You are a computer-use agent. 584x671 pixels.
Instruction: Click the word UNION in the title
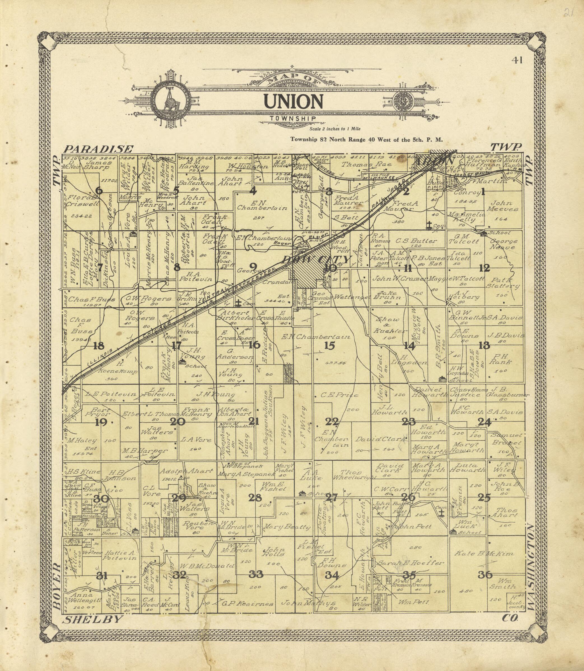click(x=293, y=101)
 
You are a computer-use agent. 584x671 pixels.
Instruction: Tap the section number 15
click(x=329, y=345)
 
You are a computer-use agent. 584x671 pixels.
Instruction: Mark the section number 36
click(x=485, y=575)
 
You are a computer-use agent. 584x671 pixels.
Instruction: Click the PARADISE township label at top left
click(x=98, y=149)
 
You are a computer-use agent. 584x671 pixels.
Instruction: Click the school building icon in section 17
click(x=182, y=362)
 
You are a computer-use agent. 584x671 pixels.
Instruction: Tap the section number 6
click(x=99, y=191)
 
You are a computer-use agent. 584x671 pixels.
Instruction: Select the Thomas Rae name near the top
click(x=366, y=165)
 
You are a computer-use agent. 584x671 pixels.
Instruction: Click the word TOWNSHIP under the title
click(x=293, y=119)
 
